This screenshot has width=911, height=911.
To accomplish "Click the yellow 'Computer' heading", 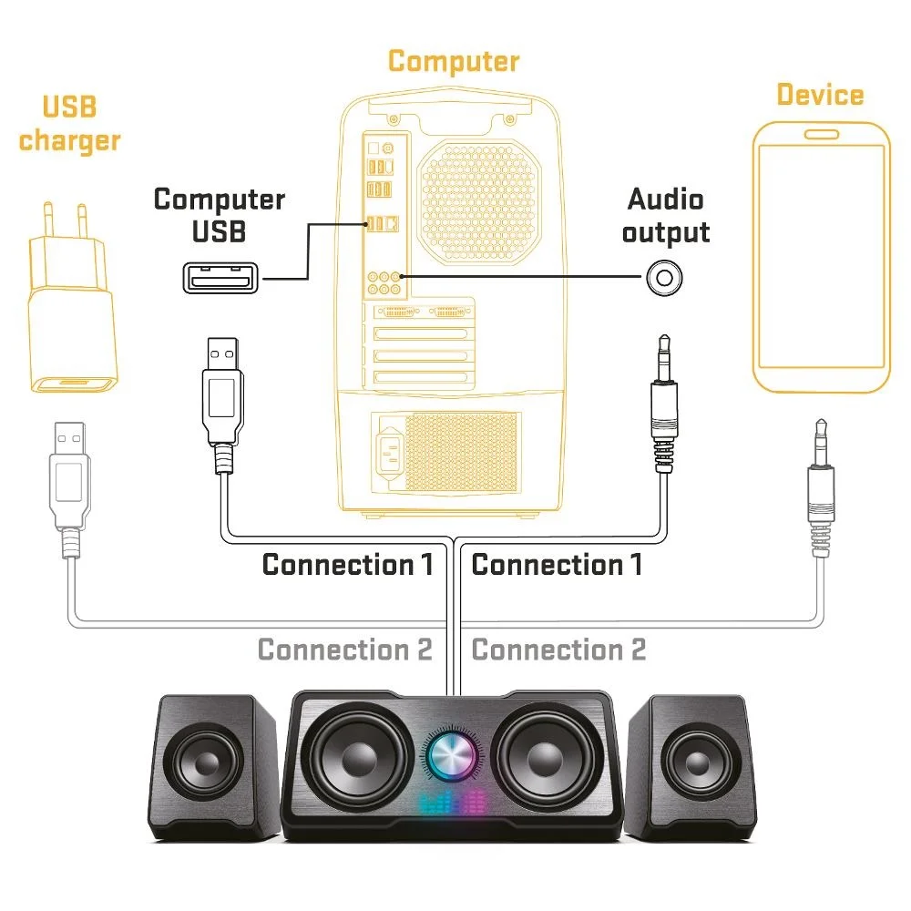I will coord(453,62).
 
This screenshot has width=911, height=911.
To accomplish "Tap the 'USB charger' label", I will coord(70,124).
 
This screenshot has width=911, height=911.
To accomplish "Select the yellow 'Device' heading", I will coord(820,95).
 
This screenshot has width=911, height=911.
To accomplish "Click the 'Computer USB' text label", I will coord(220,215).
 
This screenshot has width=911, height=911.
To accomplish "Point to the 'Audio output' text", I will coord(665,215).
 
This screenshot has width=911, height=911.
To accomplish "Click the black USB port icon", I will coord(220,277).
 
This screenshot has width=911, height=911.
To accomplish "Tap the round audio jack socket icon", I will coord(665,279).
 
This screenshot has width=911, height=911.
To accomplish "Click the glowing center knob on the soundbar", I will coord(453,755).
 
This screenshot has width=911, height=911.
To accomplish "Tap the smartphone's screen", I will coord(821,255).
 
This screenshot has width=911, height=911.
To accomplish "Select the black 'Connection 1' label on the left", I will coord(347,565).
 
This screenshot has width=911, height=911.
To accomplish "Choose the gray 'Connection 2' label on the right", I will coord(558,650).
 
